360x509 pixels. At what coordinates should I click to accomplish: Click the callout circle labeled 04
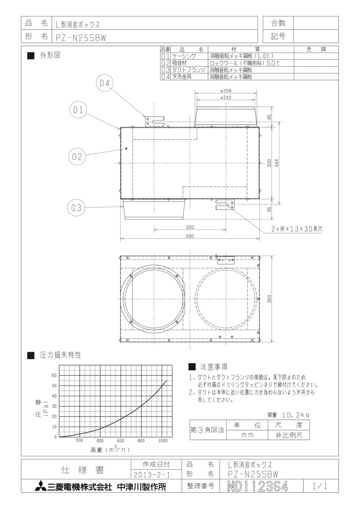click(104, 83)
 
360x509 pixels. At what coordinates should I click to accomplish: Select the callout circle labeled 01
click(78, 110)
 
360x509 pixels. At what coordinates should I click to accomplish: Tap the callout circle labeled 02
click(77, 157)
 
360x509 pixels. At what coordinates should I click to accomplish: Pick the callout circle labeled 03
click(76, 208)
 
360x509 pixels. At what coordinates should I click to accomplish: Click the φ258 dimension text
click(226, 91)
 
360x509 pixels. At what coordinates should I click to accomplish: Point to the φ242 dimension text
click(226, 98)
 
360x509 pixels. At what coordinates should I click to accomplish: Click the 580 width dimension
click(190, 236)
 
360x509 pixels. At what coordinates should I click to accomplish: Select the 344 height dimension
click(276, 163)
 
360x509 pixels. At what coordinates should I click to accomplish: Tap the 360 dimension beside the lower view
click(269, 299)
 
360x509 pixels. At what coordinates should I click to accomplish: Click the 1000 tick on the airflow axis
click(163, 441)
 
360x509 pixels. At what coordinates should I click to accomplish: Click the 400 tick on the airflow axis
click(100, 441)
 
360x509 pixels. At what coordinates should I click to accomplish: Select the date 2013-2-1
click(152, 475)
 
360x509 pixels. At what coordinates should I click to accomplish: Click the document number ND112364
click(258, 487)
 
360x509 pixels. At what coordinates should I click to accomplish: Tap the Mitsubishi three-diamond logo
click(40, 486)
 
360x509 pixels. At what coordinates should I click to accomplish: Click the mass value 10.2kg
click(295, 415)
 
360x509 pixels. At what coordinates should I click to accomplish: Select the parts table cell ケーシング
click(184, 56)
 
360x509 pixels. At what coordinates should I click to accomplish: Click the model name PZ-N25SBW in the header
click(81, 38)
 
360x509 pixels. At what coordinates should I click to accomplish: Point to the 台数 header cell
click(278, 23)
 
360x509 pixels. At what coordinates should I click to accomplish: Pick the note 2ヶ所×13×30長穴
click(297, 229)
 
